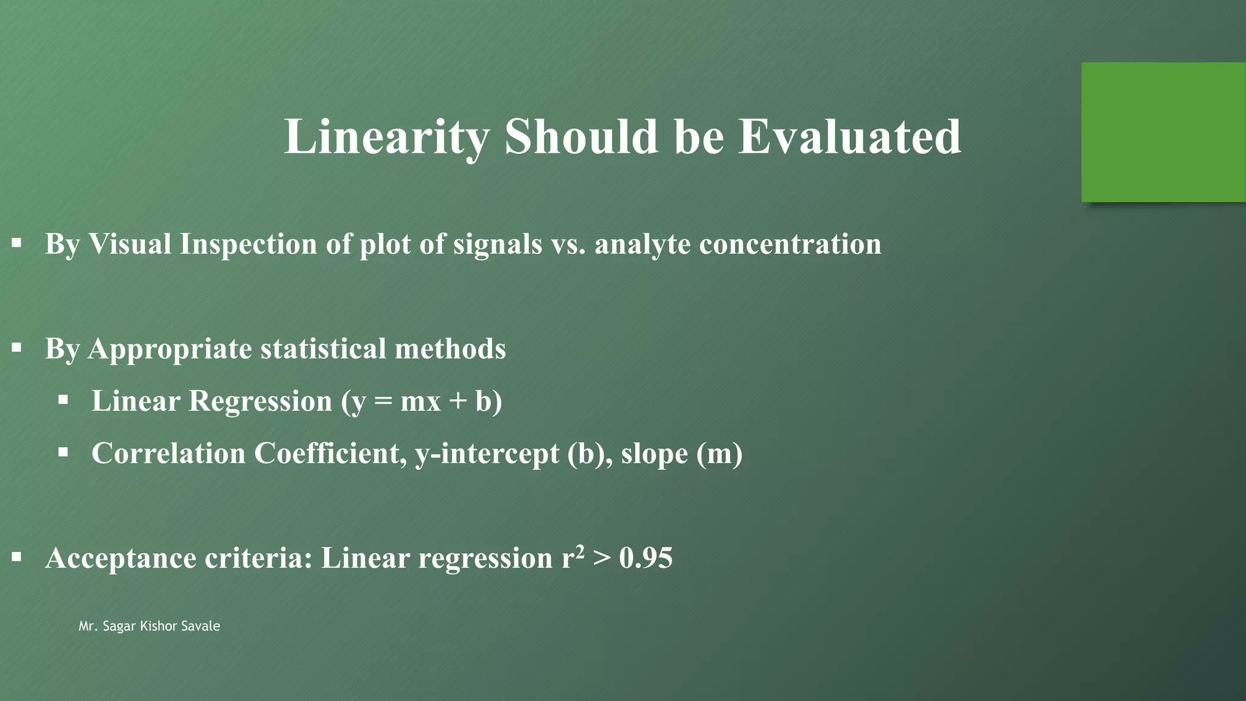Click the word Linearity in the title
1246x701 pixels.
point(386,137)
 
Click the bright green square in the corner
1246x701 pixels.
point(1163,132)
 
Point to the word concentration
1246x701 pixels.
point(790,244)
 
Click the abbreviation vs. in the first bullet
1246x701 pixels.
point(568,244)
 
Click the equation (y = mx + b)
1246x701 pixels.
point(422,401)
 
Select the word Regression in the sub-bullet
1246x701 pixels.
point(260,401)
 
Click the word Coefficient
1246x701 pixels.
point(330,453)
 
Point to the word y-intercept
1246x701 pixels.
point(487,453)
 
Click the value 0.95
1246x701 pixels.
point(646,558)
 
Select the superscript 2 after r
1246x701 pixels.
point(580,551)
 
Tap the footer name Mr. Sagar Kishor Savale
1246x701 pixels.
point(149,626)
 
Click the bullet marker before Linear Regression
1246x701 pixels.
point(63,400)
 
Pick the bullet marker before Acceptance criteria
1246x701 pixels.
point(16,557)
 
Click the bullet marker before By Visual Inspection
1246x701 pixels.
point(16,243)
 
